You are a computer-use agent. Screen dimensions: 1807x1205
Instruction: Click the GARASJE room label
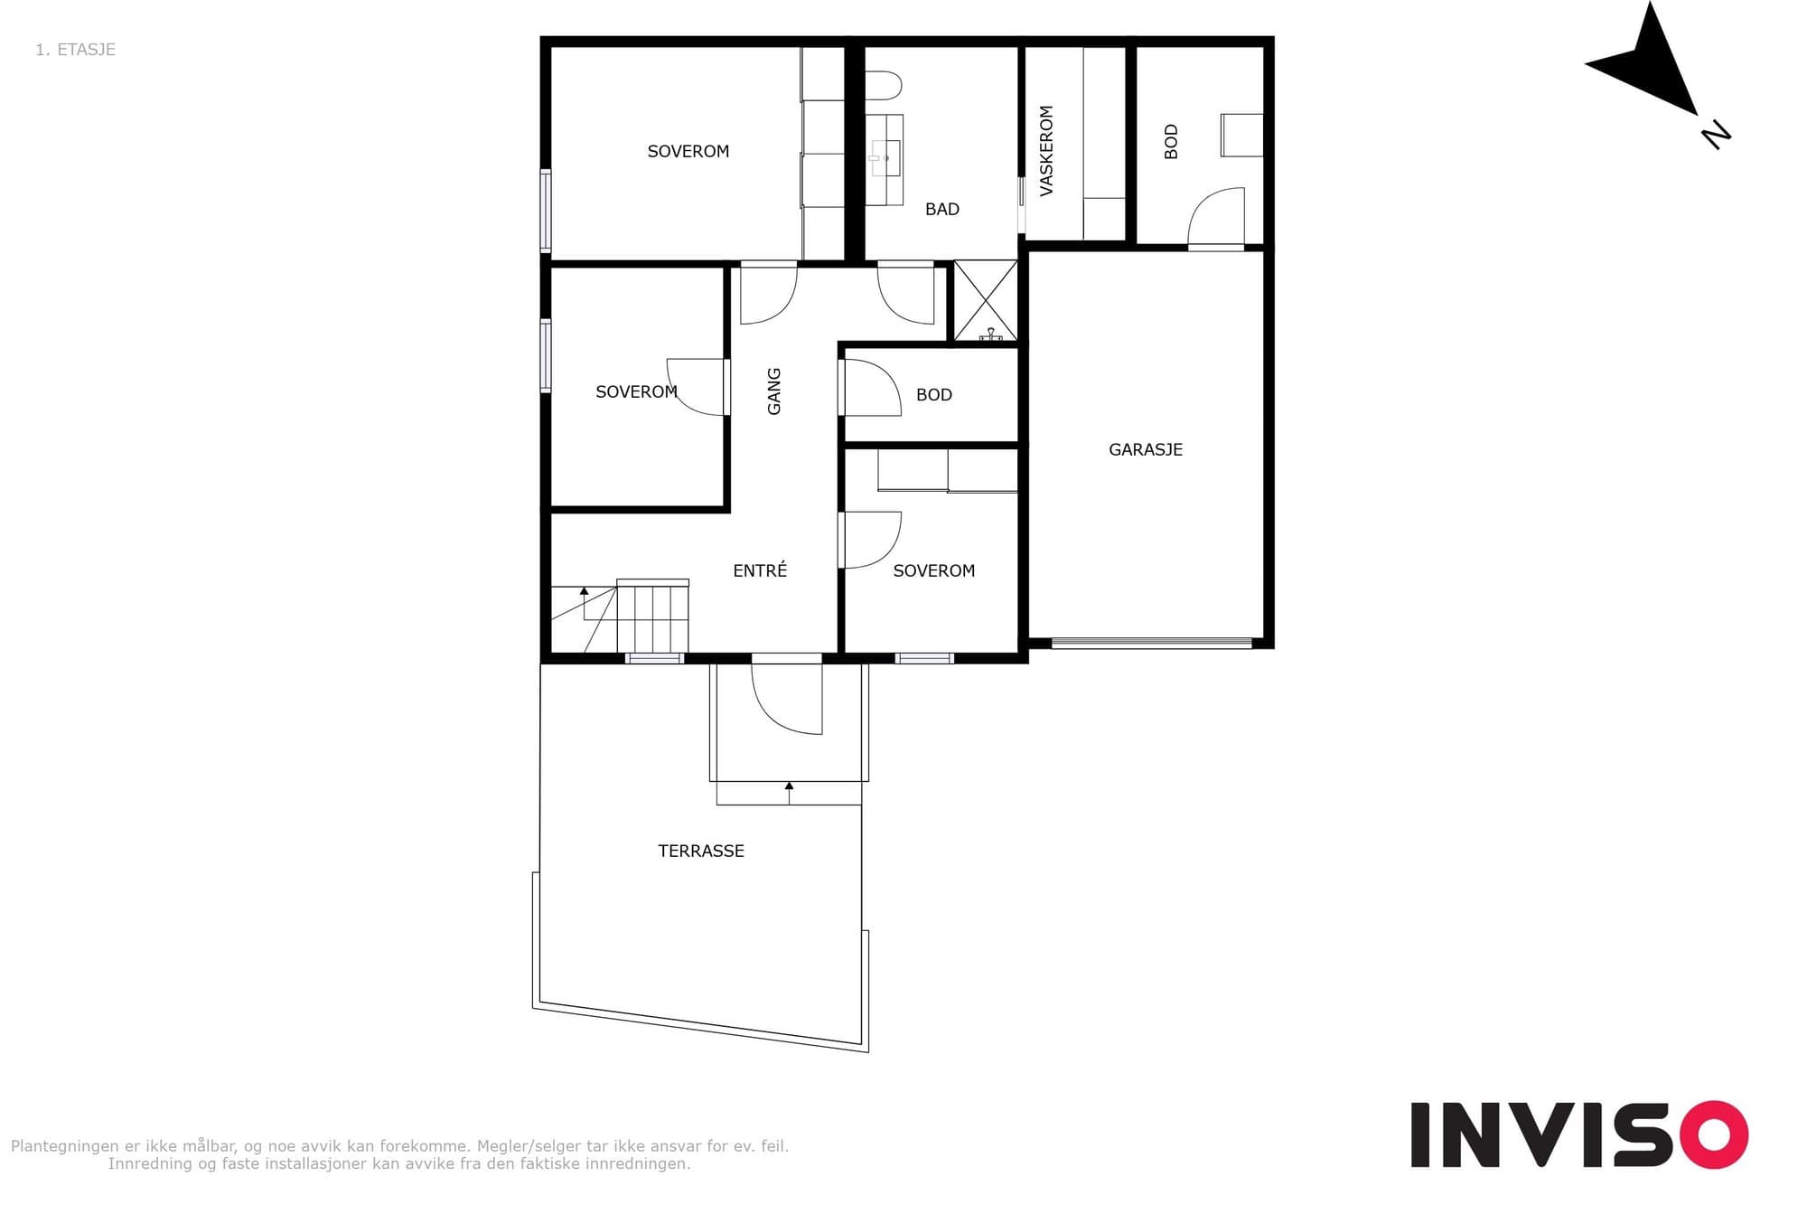[x=1145, y=449]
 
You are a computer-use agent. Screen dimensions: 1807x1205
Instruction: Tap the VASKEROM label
[x=1046, y=151]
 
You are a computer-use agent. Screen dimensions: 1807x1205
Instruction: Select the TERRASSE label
[x=701, y=851]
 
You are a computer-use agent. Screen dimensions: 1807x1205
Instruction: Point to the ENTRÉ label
[x=760, y=570]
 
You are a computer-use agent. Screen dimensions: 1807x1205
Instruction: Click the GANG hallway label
[x=773, y=391]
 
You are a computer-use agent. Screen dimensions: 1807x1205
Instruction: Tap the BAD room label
[x=941, y=209]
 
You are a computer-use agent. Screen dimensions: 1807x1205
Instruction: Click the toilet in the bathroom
[x=884, y=85]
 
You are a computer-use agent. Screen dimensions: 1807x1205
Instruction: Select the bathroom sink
[x=885, y=159]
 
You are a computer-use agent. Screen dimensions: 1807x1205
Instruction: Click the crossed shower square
[x=986, y=301]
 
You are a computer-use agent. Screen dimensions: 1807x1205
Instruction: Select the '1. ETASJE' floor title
[x=75, y=50]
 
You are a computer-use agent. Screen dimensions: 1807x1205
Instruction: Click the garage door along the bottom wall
[x=1152, y=644]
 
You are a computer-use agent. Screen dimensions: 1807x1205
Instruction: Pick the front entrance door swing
[x=787, y=699]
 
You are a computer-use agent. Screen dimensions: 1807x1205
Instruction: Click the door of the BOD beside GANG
[x=871, y=388]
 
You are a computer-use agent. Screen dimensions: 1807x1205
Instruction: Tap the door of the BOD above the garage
[x=1216, y=217]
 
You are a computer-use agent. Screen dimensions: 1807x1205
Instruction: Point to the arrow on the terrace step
[x=789, y=793]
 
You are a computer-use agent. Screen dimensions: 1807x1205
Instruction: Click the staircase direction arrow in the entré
[x=585, y=604]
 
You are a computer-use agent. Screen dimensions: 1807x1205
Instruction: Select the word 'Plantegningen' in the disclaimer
[x=65, y=1146]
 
